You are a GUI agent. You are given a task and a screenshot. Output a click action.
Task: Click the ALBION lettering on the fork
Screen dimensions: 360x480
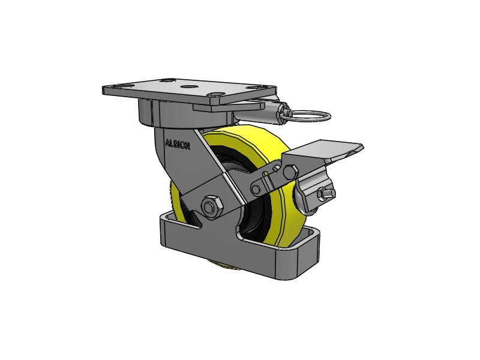coord(177,145)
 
